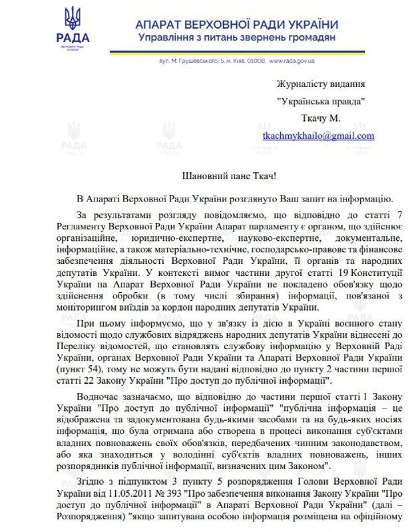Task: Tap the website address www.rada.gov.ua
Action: pyautogui.click(x=292, y=61)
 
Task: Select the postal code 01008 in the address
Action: pyautogui.click(x=258, y=61)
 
